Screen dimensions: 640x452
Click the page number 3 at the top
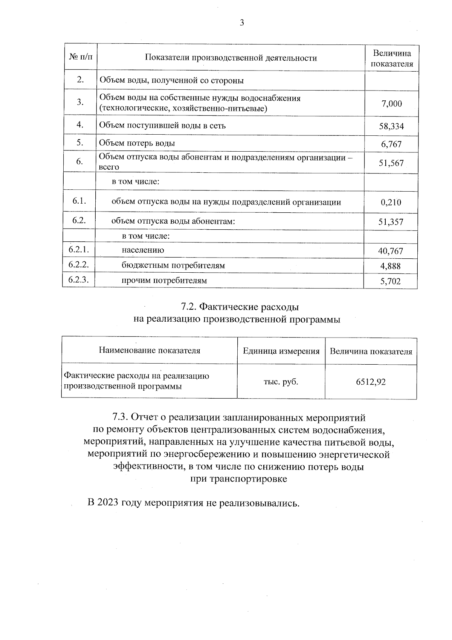pyautogui.click(x=242, y=23)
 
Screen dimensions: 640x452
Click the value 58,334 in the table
pyautogui.click(x=391, y=126)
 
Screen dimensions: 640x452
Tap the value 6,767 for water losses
pyautogui.click(x=391, y=144)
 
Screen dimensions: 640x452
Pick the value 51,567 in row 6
pyautogui.click(x=391, y=163)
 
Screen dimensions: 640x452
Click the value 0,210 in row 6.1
pyautogui.click(x=391, y=202)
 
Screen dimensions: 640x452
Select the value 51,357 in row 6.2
pyautogui.click(x=391, y=222)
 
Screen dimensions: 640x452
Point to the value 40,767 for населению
pyautogui.click(x=391, y=251)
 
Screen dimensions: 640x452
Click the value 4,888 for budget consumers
pyautogui.click(x=391, y=266)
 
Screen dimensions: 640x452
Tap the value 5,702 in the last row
pyautogui.click(x=391, y=281)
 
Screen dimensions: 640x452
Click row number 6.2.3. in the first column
pyautogui.click(x=79, y=279)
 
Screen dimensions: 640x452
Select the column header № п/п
pyautogui.click(x=81, y=57)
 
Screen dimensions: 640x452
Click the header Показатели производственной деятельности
pyautogui.click(x=231, y=58)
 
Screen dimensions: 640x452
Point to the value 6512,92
pyautogui.click(x=371, y=382)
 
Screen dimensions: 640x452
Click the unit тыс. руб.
pyautogui.click(x=281, y=382)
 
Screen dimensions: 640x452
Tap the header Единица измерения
pyautogui.click(x=281, y=351)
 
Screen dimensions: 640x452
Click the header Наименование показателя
pyautogui.click(x=150, y=350)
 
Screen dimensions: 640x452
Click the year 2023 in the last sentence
pyautogui.click(x=108, y=503)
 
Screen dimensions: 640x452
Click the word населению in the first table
pyautogui.click(x=143, y=250)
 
